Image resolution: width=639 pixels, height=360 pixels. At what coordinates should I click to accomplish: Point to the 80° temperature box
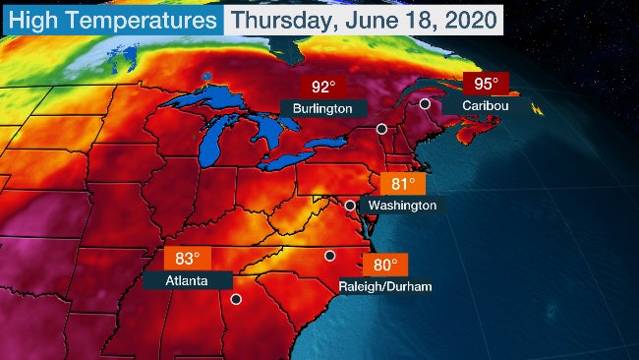384,266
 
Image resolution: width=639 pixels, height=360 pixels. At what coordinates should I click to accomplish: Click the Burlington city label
323,105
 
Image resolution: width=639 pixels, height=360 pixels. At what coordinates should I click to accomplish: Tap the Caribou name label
476,105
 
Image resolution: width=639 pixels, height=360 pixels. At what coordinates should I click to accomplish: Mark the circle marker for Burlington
381,129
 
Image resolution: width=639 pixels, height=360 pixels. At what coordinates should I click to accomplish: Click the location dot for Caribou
425,103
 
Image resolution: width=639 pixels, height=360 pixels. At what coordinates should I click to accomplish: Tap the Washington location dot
349,205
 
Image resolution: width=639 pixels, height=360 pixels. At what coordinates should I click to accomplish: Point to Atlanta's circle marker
235,298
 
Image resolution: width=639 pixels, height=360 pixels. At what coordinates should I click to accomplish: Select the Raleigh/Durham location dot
330,256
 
